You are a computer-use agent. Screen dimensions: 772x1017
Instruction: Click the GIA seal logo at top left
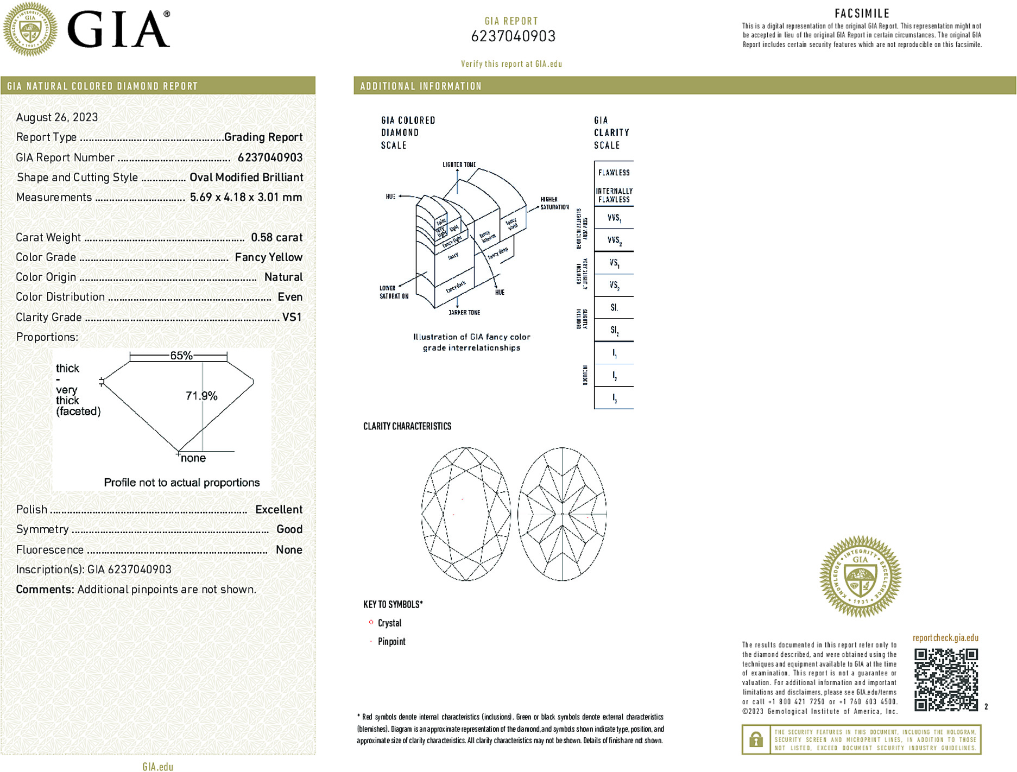pos(30,29)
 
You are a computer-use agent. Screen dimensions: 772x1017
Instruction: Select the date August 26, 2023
pos(57,117)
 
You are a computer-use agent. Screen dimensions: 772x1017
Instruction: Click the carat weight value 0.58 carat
pos(276,237)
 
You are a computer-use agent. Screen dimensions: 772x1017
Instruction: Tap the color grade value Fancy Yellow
pos(268,257)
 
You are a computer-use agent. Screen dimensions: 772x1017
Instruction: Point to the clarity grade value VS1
pos(292,317)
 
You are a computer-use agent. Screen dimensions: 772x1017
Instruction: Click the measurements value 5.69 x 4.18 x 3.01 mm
pos(246,197)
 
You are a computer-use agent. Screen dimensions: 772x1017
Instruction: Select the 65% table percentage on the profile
pos(181,356)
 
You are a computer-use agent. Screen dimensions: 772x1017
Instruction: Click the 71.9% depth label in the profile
pos(201,396)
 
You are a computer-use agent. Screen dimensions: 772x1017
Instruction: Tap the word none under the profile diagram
pos(193,458)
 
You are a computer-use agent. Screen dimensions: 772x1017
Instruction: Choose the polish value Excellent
pos(279,509)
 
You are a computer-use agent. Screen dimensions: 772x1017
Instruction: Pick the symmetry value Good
pos(289,529)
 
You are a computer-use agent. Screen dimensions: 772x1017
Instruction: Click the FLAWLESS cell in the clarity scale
pos(614,173)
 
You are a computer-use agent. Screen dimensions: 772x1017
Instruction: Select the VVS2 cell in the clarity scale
pos(614,240)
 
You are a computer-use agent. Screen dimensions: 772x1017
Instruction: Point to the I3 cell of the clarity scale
pos(614,398)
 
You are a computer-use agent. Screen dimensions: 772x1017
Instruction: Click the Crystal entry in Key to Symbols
pos(389,623)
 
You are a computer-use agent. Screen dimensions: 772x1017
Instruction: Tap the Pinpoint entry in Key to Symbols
pos(391,642)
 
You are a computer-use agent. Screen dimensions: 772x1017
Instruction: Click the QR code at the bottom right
pos(946,679)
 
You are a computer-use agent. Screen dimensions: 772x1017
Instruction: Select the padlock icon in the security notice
pos(756,739)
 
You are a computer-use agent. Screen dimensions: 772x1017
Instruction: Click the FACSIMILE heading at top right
pos(862,14)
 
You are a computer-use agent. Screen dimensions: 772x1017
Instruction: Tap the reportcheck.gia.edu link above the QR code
pos(945,638)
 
